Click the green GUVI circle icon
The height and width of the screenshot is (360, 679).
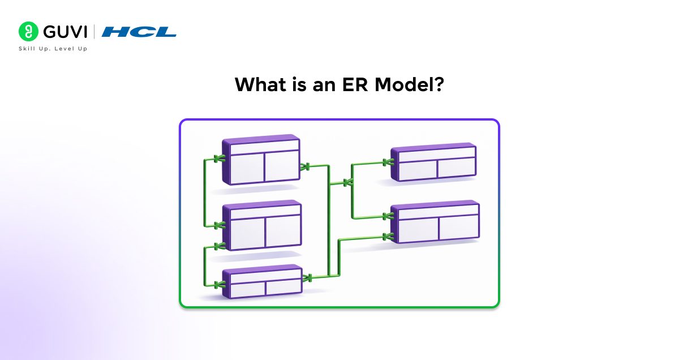point(28,31)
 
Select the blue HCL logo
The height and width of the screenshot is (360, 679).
point(139,32)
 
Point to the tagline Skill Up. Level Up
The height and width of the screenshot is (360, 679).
point(53,49)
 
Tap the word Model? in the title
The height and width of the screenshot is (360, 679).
point(409,85)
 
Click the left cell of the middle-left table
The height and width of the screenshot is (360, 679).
point(248,232)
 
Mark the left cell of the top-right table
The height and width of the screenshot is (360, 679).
point(418,169)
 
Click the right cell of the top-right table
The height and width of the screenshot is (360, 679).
point(456,168)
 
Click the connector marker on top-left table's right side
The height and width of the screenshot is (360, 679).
point(306,166)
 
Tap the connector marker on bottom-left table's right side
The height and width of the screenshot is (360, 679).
point(308,278)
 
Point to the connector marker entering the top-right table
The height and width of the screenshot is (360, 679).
point(388,163)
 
